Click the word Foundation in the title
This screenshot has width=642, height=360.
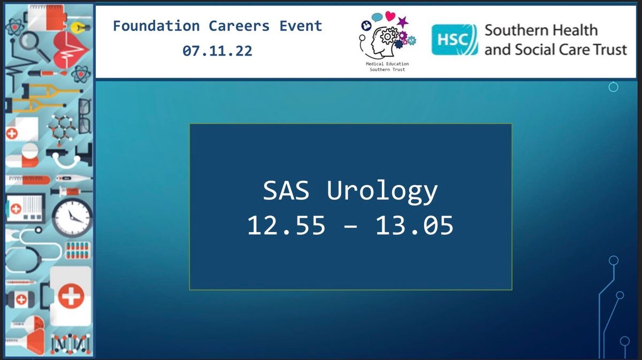tap(156, 26)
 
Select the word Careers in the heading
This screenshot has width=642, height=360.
tap(239, 26)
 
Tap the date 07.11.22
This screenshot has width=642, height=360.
tap(218, 51)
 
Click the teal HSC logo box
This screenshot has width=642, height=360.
tap(455, 40)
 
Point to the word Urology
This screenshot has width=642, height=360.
tap(383, 192)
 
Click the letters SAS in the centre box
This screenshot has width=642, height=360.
tap(286, 190)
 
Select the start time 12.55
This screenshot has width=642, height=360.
tap(286, 225)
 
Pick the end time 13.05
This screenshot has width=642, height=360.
tap(415, 225)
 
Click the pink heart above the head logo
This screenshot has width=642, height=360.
tap(390, 16)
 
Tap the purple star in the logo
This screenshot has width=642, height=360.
tap(403, 21)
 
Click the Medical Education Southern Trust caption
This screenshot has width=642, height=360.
tap(387, 66)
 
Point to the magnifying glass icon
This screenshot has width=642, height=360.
tap(34, 46)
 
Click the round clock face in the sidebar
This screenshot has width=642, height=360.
tap(72, 217)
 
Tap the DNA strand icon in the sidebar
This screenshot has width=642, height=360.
tap(71, 343)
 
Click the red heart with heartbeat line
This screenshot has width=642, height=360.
tap(71, 49)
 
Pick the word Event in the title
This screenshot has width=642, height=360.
tap(301, 26)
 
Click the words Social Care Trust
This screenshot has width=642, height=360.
tap(571, 49)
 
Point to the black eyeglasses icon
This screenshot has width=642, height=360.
tap(85, 116)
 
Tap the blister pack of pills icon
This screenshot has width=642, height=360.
tap(78, 250)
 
